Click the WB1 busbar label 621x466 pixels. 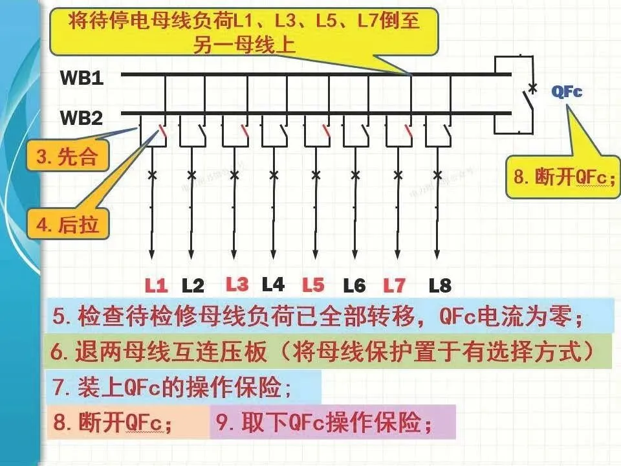point(82,78)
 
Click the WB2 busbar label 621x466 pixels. point(82,118)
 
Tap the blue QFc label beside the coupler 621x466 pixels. point(567,92)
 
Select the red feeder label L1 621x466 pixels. point(156,285)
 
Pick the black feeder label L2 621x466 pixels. point(193,285)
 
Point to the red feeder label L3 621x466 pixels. point(237,283)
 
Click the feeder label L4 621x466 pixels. point(273,283)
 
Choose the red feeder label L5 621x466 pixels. point(313,284)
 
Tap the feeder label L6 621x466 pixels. point(354,285)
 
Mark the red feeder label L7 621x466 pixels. point(394,284)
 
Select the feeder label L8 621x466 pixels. point(440,285)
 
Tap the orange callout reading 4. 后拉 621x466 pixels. point(67,225)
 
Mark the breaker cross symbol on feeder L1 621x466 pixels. point(152,175)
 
